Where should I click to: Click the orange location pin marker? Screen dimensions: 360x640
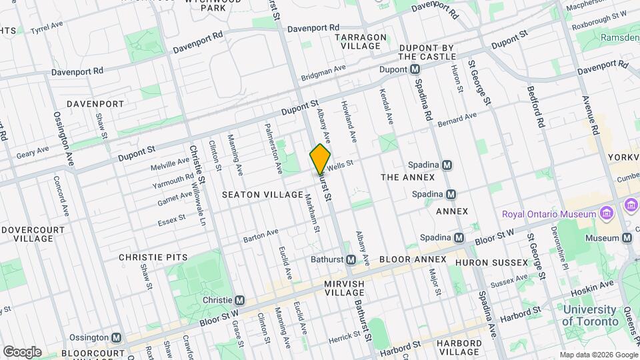pyautogui.click(x=320, y=159)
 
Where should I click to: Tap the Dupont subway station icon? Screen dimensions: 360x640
pyautogui.click(x=415, y=69)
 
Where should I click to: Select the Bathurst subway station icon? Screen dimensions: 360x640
pyautogui.click(x=350, y=259)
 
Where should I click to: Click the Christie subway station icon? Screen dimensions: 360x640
pyautogui.click(x=239, y=300)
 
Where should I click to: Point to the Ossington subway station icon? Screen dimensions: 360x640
pyautogui.click(x=117, y=338)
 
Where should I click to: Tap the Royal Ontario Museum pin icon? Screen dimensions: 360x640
pyautogui.click(x=606, y=214)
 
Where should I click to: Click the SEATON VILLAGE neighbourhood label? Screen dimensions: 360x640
pyautogui.click(x=263, y=195)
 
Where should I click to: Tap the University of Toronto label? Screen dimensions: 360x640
pyautogui.click(x=589, y=315)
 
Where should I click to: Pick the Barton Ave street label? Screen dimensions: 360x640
pyautogui.click(x=260, y=236)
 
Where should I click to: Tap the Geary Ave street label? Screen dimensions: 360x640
pyautogui.click(x=33, y=152)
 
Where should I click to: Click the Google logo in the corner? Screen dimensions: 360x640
pyautogui.click(x=22, y=351)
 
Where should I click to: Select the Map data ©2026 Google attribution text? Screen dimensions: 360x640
pyautogui.click(x=598, y=355)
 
